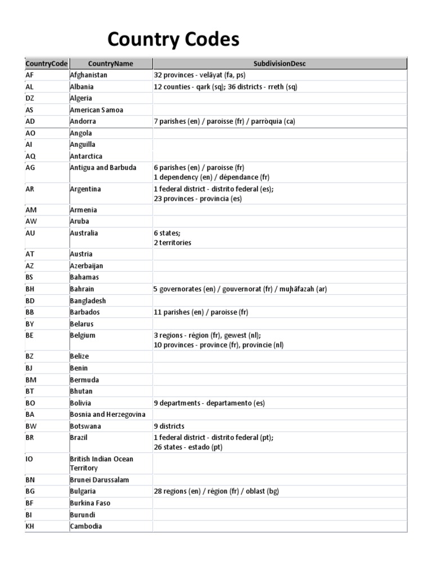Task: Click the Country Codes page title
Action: click(173, 39)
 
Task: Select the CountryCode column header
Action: click(46, 64)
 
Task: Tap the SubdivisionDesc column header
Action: click(280, 64)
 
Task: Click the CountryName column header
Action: click(110, 64)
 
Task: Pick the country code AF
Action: click(30, 75)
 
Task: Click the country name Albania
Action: click(82, 87)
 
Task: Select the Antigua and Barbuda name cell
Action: click(103, 168)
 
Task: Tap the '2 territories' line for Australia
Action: click(172, 242)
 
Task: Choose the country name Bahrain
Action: click(82, 289)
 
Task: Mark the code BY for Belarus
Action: click(30, 324)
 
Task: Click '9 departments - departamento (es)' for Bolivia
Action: click(209, 403)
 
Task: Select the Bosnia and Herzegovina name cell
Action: click(107, 415)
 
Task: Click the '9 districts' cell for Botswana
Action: click(169, 426)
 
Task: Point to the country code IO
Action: click(29, 459)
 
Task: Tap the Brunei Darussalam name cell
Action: click(98, 480)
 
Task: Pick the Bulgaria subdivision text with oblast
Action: click(216, 491)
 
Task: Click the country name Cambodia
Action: click(86, 526)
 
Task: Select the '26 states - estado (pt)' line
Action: click(188, 447)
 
